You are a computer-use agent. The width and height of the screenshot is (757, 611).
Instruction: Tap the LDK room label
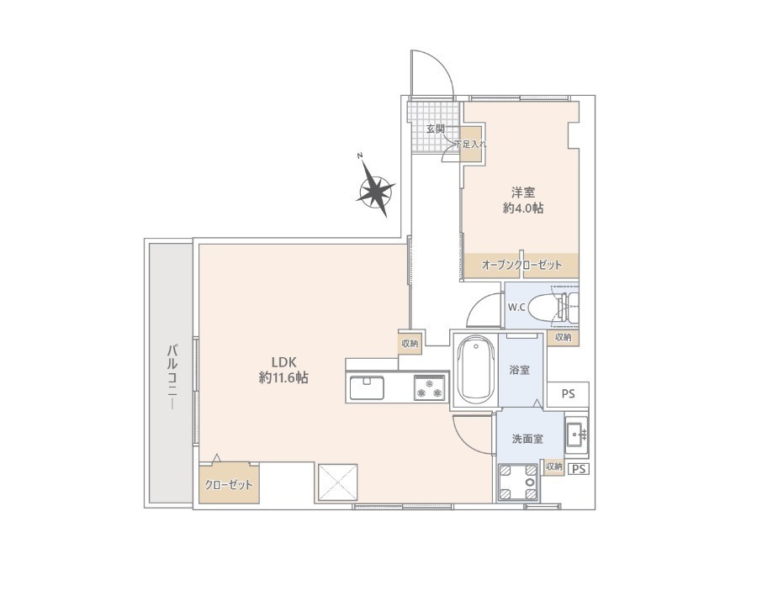tap(283, 361)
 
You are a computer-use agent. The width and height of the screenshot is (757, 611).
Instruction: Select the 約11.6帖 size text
tap(283, 377)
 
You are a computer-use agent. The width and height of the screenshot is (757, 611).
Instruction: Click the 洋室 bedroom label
tap(523, 193)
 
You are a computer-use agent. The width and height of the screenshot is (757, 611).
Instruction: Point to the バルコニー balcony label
tap(172, 377)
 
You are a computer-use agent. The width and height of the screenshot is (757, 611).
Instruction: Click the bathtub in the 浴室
tap(476, 370)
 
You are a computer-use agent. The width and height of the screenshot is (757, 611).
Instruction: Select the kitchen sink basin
tap(367, 387)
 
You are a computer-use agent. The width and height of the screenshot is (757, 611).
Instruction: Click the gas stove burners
tap(429, 387)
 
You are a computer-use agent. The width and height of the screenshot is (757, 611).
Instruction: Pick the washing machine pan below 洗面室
tap(518, 482)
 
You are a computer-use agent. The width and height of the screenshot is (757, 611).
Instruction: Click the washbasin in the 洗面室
tap(575, 435)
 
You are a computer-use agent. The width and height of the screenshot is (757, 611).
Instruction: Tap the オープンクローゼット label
tap(521, 265)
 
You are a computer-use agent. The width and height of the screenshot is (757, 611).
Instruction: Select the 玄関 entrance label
tap(435, 129)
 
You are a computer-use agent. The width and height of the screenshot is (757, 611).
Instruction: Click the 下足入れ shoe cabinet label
tap(471, 144)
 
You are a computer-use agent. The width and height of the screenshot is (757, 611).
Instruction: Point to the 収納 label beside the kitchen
tap(410, 344)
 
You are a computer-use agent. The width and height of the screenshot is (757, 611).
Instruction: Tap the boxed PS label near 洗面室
tap(579, 469)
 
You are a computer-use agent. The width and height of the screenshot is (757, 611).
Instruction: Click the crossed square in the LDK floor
tap(337, 482)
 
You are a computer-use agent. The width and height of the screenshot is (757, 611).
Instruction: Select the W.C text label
tap(516, 308)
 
